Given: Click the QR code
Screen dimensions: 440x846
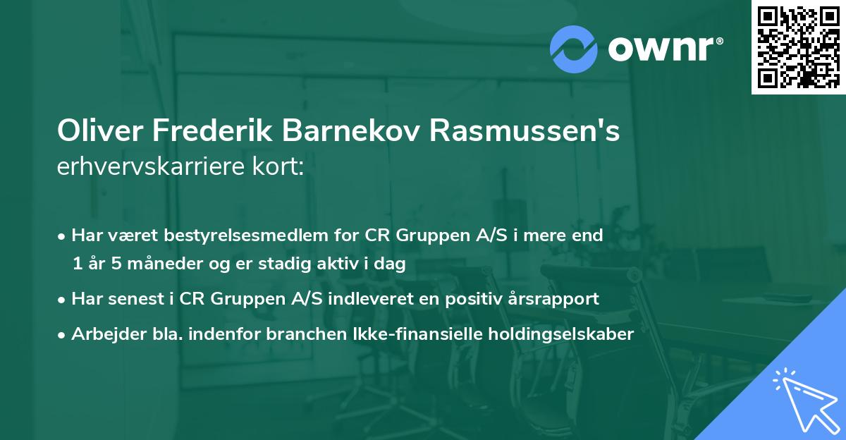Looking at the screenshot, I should pos(799,47).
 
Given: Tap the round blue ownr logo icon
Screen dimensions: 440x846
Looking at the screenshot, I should pos(574,48).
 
